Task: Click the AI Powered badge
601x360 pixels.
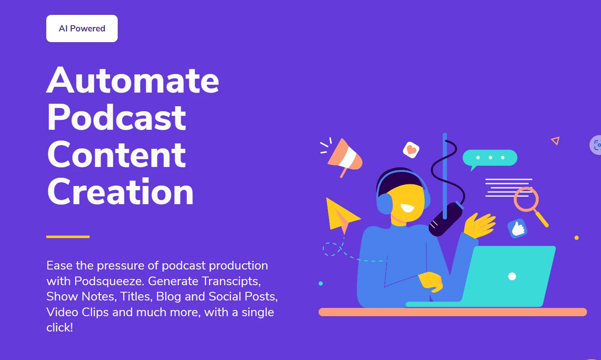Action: tap(82, 29)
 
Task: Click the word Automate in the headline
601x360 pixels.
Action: tap(133, 80)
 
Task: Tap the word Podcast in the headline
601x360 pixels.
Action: tap(116, 117)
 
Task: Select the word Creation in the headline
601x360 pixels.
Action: tap(120, 192)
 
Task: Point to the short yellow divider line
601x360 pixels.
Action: tap(68, 237)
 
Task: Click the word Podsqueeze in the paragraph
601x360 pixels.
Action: tap(109, 281)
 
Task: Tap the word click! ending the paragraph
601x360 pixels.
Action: tap(59, 327)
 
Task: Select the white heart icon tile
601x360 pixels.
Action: tap(411, 150)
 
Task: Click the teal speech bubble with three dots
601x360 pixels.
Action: tap(489, 158)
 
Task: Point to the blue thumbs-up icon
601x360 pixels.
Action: tap(517, 229)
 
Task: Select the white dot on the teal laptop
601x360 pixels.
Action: tap(512, 276)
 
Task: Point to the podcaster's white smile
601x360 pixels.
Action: tap(408, 208)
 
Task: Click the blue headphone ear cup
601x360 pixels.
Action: tap(385, 204)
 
